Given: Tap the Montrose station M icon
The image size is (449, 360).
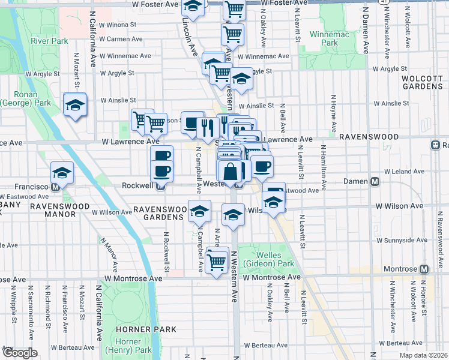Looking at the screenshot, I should coord(424,269).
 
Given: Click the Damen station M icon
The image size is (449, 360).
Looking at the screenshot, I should coord(375,181).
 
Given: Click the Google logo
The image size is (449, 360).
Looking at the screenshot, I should coord(19,352).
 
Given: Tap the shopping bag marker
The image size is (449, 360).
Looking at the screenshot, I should coord(230,172).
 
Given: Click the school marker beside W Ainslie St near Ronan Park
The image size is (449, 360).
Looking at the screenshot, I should coord(75,105).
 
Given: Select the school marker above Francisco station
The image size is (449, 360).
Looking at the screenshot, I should coord(62,173).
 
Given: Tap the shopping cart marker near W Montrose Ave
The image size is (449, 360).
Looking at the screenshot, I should coord(216,260).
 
